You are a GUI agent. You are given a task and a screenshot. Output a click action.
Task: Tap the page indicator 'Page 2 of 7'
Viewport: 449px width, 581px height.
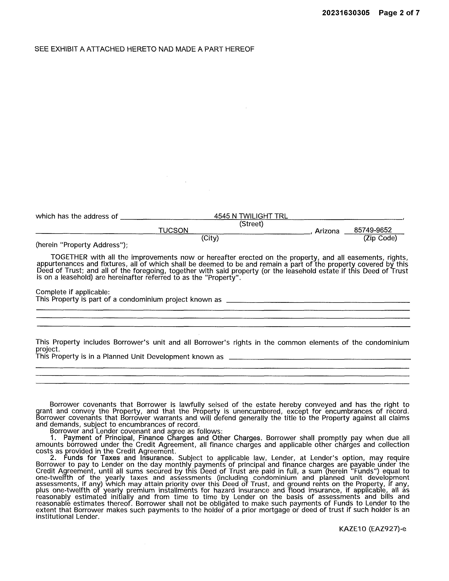(399, 13)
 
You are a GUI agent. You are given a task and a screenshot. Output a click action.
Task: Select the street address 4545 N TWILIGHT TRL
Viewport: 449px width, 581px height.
(251, 216)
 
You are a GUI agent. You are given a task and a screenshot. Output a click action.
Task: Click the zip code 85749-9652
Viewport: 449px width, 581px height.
(373, 230)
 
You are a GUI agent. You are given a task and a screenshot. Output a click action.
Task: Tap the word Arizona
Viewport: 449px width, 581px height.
(327, 231)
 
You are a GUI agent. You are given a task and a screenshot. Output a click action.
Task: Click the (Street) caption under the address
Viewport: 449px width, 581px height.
(251, 224)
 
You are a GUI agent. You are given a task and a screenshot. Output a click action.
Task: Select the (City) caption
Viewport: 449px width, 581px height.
(210, 238)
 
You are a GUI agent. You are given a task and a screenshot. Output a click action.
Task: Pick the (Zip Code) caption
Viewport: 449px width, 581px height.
(380, 238)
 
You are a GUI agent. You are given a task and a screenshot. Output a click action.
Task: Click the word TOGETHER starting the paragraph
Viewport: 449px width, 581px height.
(69, 257)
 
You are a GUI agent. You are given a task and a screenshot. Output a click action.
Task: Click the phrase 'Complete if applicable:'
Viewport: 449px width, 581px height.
(73, 292)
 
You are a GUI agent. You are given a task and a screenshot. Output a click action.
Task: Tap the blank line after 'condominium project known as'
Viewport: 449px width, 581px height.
(318, 302)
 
